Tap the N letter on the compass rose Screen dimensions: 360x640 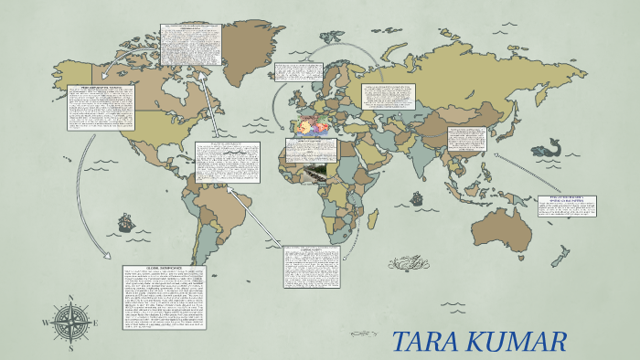tap(70, 298)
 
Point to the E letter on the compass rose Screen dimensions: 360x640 tap(97, 323)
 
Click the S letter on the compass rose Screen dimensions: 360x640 tap(70, 349)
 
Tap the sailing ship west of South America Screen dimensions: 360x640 tap(123, 222)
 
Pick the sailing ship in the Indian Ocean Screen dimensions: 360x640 tap(417, 197)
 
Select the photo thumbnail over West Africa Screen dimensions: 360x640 tap(310, 173)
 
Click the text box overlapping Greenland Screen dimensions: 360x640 tap(191, 44)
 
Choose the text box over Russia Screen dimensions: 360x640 tap(389, 97)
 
